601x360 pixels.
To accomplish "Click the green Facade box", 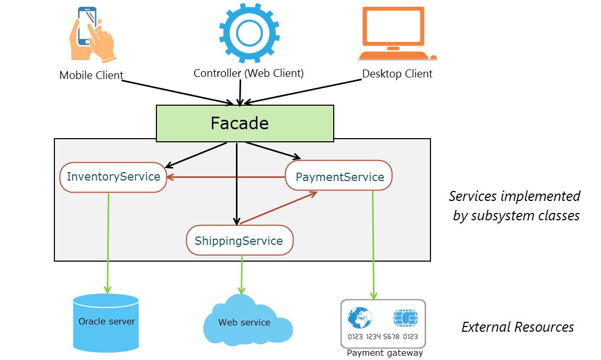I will click(245, 123).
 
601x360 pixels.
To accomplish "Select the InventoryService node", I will click(114, 177).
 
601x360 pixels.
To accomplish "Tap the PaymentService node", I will click(339, 177).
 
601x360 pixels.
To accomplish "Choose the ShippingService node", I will click(239, 241).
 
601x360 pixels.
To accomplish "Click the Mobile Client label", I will click(91, 75).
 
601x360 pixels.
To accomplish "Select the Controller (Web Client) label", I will click(248, 73).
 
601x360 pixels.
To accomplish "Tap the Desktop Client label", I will click(398, 74).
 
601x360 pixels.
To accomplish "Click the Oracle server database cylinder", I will click(106, 322).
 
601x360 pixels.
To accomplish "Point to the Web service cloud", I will click(245, 320).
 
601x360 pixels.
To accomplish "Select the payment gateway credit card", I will click(383, 324).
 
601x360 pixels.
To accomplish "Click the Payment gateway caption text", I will click(385, 353).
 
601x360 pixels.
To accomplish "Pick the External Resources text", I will click(517, 327).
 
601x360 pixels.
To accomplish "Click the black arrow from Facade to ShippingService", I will click(237, 183).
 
